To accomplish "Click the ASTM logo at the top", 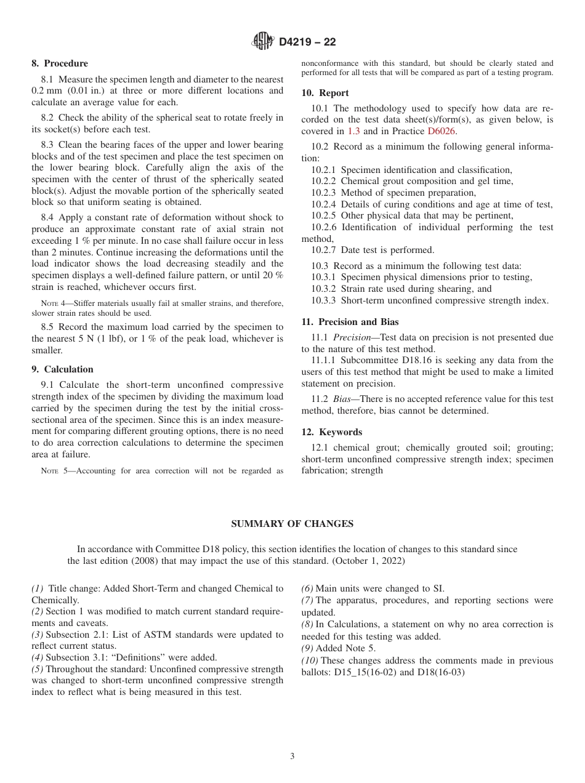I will [x=263, y=42].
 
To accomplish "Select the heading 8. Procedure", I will [x=60, y=63].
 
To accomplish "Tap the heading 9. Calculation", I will [x=62, y=369].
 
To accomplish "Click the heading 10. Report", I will [x=325, y=93].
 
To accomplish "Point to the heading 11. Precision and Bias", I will [x=350, y=322].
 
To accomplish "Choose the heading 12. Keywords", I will [x=331, y=432].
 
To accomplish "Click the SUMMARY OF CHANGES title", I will [x=292, y=524].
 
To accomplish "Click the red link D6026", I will [x=442, y=131].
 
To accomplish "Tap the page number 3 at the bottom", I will [x=292, y=757].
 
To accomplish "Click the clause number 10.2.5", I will [x=324, y=215].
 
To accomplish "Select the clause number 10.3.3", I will [x=324, y=300].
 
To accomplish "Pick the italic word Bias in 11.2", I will [x=342, y=399].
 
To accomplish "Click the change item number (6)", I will [x=307, y=589].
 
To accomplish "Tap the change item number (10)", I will [x=310, y=661].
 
